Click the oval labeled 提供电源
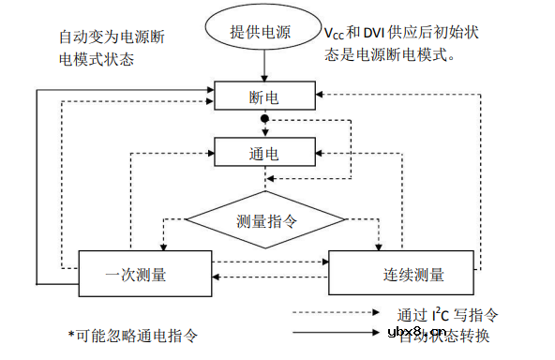(263, 31)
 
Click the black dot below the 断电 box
(264, 120)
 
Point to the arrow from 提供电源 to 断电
(264, 66)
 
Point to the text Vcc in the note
(334, 33)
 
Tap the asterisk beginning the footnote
(70, 335)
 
